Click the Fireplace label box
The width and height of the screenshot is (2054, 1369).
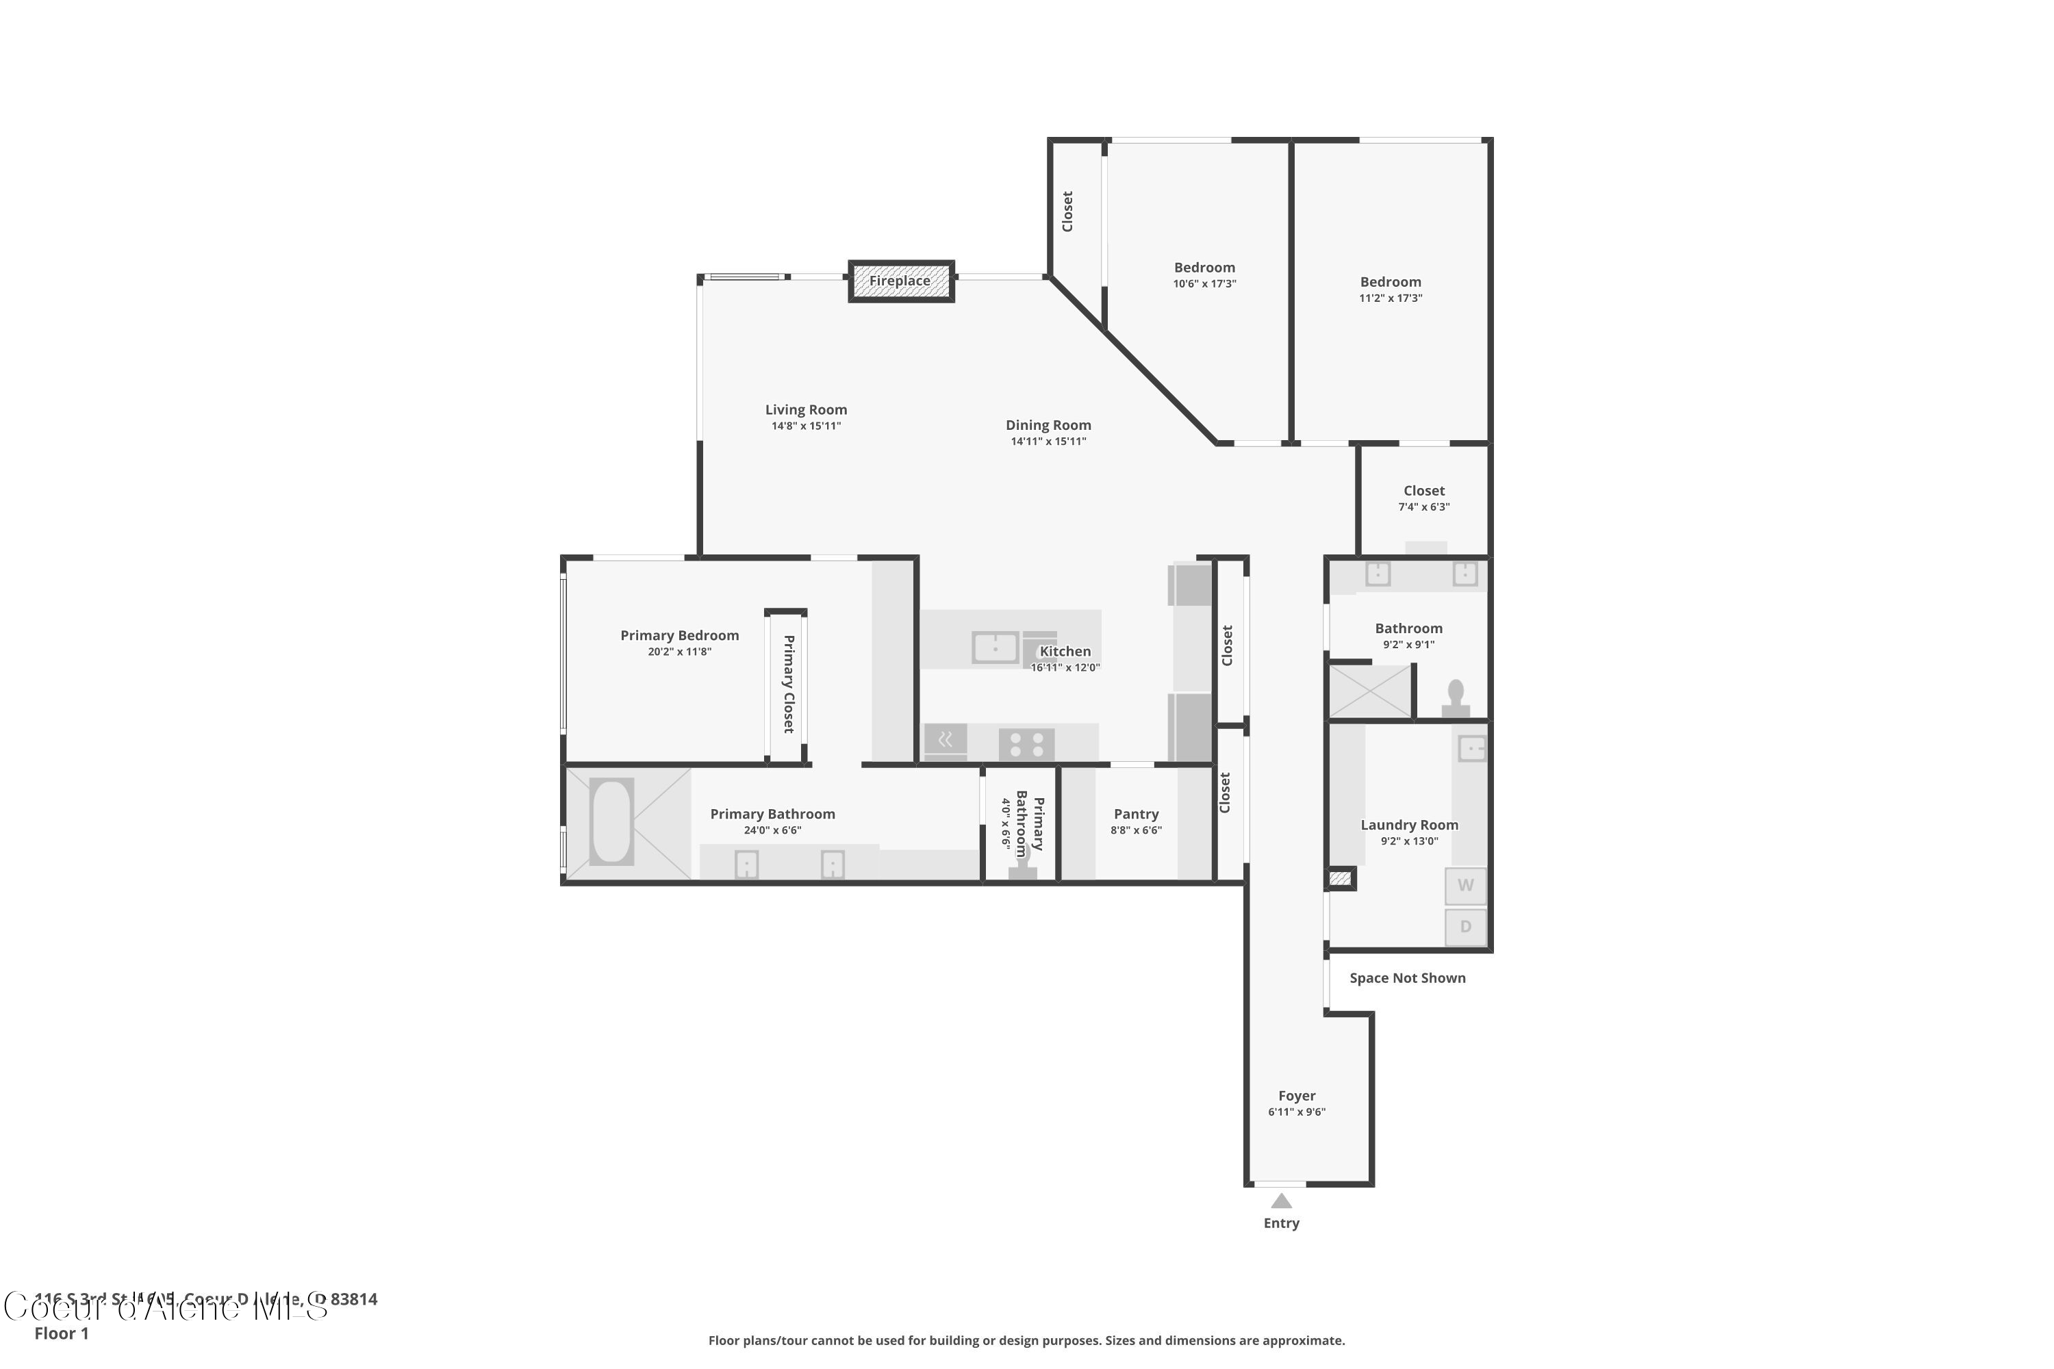point(900,281)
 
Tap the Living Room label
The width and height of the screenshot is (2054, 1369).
point(805,409)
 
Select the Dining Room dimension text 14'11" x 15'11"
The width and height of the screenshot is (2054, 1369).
point(1048,442)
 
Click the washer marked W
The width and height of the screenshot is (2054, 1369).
point(1465,885)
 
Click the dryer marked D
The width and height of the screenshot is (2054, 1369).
point(1465,926)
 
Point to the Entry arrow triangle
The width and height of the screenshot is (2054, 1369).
point(1280,1201)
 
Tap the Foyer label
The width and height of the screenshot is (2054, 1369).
point(1296,1096)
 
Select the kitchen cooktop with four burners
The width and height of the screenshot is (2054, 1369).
point(1026,745)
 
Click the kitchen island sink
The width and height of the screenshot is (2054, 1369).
point(995,648)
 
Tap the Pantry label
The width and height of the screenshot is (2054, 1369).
point(1135,814)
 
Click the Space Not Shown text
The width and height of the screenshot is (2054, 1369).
point(1407,978)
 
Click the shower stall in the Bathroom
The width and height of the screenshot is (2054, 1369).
point(1369,691)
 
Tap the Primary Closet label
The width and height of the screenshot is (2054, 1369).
point(788,684)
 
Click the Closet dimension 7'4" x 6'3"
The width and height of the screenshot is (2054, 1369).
point(1423,507)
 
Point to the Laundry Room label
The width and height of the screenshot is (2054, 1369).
point(1408,825)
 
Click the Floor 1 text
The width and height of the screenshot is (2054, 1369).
point(61,1333)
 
